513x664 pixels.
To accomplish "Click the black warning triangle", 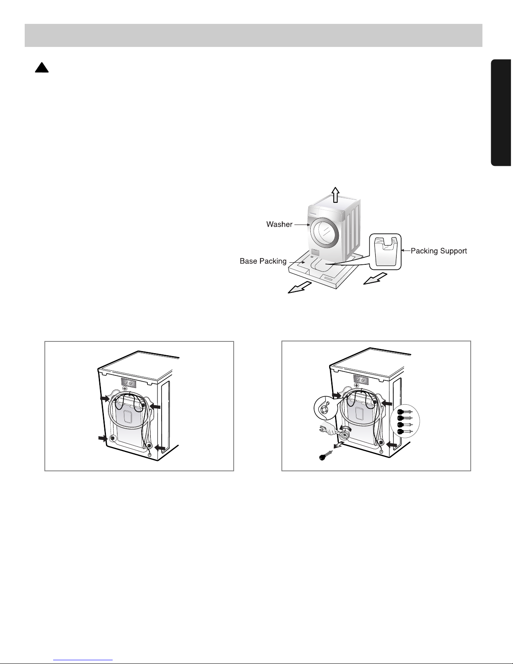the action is click(x=42, y=67).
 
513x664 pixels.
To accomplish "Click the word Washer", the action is click(x=279, y=224).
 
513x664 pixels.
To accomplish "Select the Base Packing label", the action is click(x=263, y=261).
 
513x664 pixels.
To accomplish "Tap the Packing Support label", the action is click(x=439, y=251).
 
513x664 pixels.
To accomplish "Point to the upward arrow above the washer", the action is click(x=335, y=195).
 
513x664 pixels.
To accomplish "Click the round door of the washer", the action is click(x=325, y=233).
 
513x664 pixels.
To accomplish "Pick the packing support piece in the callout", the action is click(x=385, y=252).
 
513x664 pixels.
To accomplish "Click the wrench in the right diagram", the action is click(x=330, y=431).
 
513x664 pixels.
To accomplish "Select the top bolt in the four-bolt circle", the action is click(x=405, y=412).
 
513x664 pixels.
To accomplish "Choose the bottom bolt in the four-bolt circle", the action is click(x=405, y=431).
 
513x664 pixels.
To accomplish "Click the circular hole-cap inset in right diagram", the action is click(x=325, y=408).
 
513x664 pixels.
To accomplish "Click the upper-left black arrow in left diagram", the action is click(x=105, y=398).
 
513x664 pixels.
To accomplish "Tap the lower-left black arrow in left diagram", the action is click(x=103, y=438).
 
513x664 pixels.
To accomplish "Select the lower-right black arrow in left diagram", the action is click(x=160, y=448).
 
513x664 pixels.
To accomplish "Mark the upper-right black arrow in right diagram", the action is click(x=387, y=403).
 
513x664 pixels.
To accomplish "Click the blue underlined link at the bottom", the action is click(x=83, y=660).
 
